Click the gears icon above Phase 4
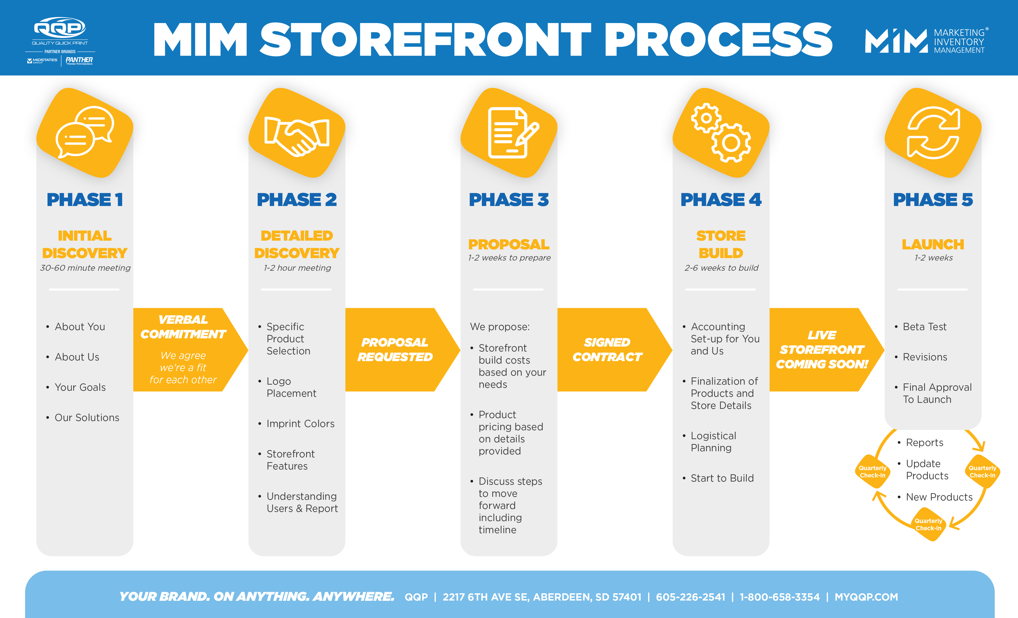tap(721, 132)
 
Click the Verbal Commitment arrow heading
tap(183, 327)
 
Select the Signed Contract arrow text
tap(607, 349)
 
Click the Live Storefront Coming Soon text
tap(822, 349)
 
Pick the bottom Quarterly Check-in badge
tap(928, 525)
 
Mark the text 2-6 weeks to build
tap(721, 268)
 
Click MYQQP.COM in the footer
tap(866, 597)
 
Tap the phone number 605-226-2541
tap(690, 597)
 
